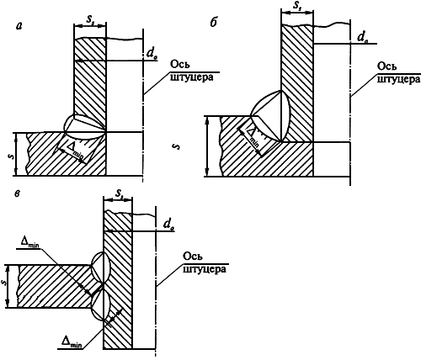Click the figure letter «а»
pyautogui.click(x=20, y=26)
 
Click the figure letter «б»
pyautogui.click(x=213, y=23)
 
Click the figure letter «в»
pyautogui.click(x=18, y=193)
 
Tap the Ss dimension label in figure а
pyautogui.click(x=90, y=19)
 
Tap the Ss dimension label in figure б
pyautogui.click(x=297, y=5)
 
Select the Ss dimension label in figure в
pyautogui.click(x=119, y=193)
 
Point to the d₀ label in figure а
pyautogui.click(x=152, y=55)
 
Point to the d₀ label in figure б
pyautogui.click(x=363, y=38)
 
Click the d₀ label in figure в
pyautogui.click(x=168, y=225)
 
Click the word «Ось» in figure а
pyautogui.click(x=180, y=64)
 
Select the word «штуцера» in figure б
pyautogui.click(x=398, y=80)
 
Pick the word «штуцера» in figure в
pyautogui.click(x=205, y=269)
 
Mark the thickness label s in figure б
pyautogui.click(x=177, y=146)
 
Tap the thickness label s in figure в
pyautogui.click(x=3, y=283)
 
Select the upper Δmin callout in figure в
pyautogui.click(x=29, y=242)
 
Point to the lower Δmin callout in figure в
pyautogui.click(x=72, y=342)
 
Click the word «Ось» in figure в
pyautogui.click(x=193, y=257)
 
